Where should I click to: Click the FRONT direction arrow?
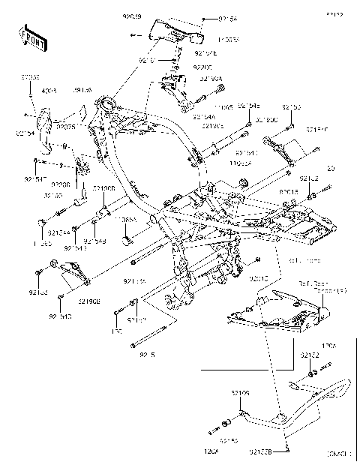tap(31, 37)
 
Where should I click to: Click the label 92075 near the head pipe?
tap(67, 117)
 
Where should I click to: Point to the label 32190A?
tap(211, 76)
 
